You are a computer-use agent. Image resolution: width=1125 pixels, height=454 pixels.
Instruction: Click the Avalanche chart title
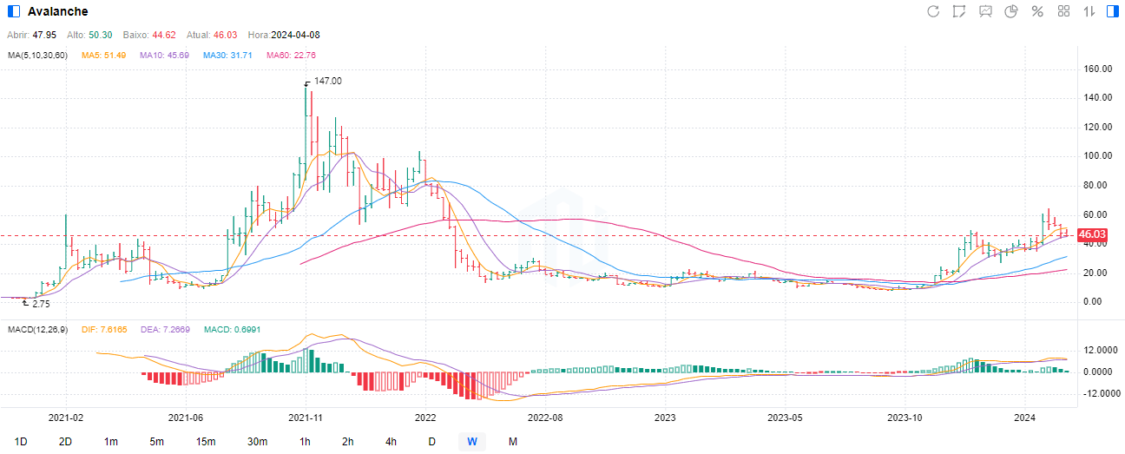point(57,11)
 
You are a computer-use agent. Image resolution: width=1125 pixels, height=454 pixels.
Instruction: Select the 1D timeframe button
point(21,441)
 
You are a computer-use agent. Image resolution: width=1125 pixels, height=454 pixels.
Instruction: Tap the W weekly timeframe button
point(471,441)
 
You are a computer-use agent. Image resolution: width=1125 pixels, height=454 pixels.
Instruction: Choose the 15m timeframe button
point(206,441)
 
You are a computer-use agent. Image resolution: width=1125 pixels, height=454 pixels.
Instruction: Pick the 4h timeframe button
point(390,441)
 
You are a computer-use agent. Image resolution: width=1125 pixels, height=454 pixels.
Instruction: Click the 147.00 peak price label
point(327,81)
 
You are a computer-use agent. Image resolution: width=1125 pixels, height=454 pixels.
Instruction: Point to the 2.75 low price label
point(40,305)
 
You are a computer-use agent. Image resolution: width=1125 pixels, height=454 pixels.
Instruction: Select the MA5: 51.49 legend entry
point(103,56)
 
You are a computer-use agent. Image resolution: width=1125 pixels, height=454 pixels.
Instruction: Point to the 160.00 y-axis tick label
point(1097,69)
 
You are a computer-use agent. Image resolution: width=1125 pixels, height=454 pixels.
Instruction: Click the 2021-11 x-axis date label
point(306,417)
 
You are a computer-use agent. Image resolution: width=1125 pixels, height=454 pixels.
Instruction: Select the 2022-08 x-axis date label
point(546,417)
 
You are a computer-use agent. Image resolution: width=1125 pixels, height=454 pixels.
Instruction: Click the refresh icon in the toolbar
point(933,11)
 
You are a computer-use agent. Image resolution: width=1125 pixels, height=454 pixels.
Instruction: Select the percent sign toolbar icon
point(1036,11)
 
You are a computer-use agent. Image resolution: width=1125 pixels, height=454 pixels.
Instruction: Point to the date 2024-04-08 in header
point(295,35)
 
